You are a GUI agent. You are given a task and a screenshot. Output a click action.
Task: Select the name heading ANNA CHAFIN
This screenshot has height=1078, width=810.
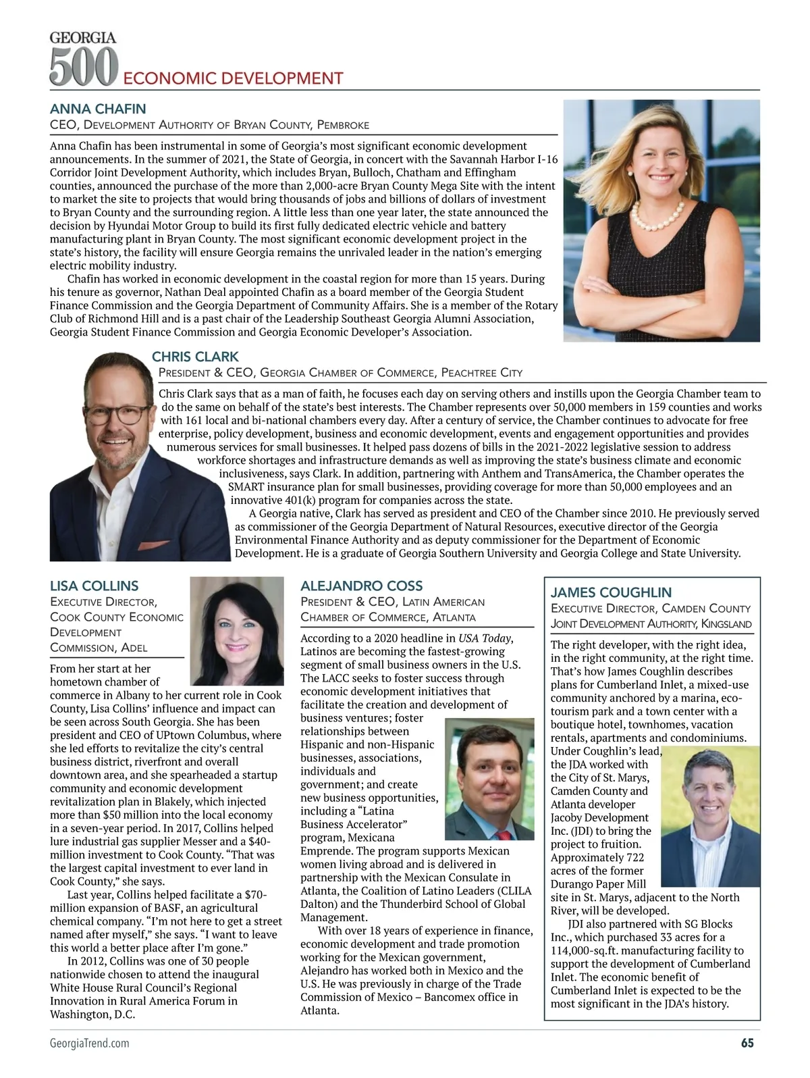click(98, 109)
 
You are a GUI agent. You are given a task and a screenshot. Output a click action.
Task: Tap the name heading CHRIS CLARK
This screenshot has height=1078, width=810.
click(195, 357)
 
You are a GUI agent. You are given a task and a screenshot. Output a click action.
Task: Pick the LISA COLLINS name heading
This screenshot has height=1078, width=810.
click(94, 586)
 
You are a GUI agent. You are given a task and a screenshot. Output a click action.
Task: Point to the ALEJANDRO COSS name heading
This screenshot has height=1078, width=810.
click(361, 586)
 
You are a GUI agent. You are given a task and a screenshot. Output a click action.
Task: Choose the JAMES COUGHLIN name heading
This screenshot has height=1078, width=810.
click(611, 592)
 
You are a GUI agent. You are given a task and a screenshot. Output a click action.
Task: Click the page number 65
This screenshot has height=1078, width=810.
click(747, 1061)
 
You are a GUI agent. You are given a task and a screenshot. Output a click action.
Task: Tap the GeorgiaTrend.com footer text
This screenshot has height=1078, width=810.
click(90, 1062)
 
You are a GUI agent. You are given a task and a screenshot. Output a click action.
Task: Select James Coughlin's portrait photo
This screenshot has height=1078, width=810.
click(710, 816)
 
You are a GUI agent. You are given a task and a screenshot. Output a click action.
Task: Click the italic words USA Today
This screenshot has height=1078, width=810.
click(485, 638)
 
